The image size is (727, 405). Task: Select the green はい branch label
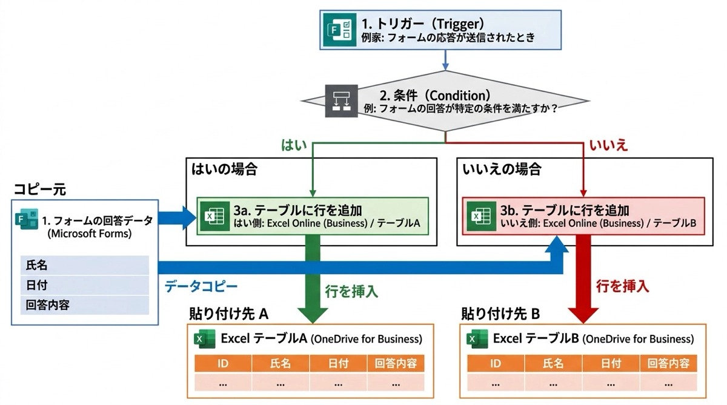click(x=294, y=145)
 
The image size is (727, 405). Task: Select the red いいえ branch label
click(x=608, y=145)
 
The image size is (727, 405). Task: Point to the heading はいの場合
click(x=225, y=169)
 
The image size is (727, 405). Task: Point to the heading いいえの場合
click(x=502, y=169)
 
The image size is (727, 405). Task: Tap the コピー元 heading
click(x=39, y=190)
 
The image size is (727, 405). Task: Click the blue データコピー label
click(x=201, y=286)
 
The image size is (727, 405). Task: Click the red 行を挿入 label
click(x=622, y=285)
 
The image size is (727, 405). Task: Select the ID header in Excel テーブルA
click(x=223, y=363)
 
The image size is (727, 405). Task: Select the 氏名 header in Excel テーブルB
click(x=553, y=363)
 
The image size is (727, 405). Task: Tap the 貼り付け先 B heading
click(x=500, y=314)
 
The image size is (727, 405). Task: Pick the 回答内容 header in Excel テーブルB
click(x=668, y=363)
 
